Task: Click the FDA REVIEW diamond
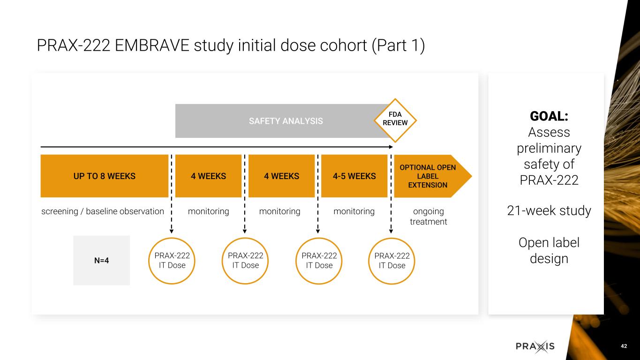(x=395, y=120)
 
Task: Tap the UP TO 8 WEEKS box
(x=104, y=176)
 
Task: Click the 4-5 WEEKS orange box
(x=354, y=176)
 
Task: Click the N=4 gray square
(x=101, y=260)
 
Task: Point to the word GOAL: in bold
(x=549, y=116)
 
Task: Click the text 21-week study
(x=549, y=210)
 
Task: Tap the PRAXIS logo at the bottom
(x=535, y=346)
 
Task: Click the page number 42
(x=624, y=346)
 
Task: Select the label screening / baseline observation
(x=103, y=211)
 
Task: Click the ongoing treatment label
(x=428, y=217)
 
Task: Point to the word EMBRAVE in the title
(x=152, y=45)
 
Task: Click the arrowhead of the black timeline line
(x=391, y=147)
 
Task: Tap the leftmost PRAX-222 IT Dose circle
(x=172, y=261)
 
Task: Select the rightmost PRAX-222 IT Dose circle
(x=392, y=261)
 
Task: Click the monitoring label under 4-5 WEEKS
(x=354, y=211)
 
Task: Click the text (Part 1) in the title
(x=398, y=46)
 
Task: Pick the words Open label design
(x=549, y=251)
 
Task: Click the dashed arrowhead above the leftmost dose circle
(x=172, y=231)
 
